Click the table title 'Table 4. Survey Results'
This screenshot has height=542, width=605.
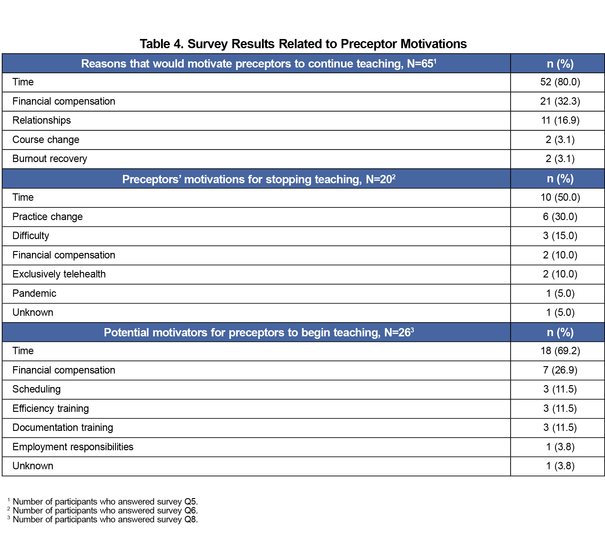303,44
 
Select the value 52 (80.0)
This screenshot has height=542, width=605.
560,82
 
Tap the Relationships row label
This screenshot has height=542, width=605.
41,120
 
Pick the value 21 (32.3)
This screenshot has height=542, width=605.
560,101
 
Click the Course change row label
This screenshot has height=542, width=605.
46,140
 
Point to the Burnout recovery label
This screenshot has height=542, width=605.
50,159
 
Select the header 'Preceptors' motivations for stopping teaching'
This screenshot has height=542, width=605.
259,179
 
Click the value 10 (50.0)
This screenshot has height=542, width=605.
560,197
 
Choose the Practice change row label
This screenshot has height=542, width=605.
48,217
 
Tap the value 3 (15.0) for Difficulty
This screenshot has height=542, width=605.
560,236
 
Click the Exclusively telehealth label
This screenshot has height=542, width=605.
59,274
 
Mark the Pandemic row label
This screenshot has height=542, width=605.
34,293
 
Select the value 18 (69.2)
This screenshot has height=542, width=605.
560,351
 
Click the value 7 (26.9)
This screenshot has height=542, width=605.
560,370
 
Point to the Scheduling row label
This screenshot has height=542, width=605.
37,389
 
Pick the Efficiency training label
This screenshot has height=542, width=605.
51,408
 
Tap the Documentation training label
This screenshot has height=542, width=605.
63,428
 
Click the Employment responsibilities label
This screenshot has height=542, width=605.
73,447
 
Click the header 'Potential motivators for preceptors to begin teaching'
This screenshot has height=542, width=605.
259,332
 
